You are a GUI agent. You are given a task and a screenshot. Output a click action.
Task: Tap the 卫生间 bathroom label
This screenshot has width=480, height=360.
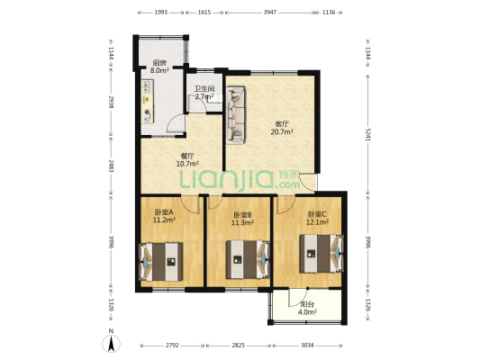[204, 90]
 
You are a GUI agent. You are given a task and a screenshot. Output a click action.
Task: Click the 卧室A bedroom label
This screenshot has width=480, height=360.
[163, 214]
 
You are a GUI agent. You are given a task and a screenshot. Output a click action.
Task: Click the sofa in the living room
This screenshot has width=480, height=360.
[237, 113]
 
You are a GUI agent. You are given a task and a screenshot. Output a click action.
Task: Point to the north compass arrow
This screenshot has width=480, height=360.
[111, 341]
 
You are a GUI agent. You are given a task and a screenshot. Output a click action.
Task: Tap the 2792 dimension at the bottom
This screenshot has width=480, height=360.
[172, 345]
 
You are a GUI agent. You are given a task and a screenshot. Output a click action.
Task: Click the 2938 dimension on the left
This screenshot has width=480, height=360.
[111, 104]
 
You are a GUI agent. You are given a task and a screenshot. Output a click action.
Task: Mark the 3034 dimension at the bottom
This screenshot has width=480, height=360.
[308, 345]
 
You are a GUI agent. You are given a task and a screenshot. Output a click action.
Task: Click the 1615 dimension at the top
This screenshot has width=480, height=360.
[204, 13]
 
